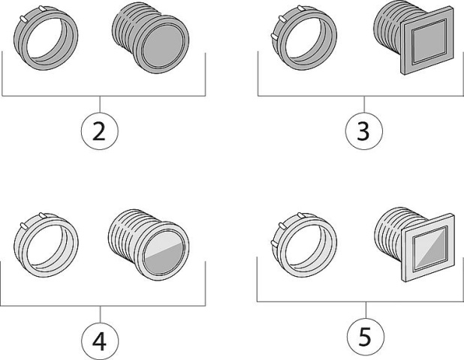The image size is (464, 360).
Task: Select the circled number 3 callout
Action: pos(363,133)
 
